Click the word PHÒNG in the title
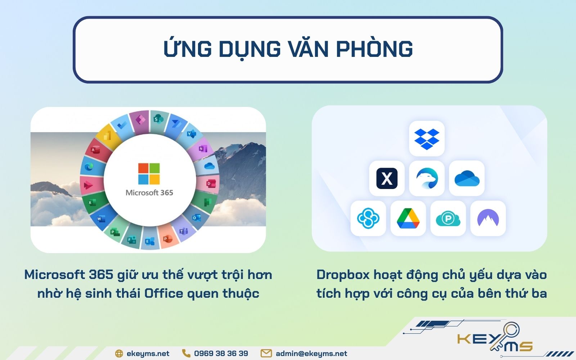(x=374, y=49)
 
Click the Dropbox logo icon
(x=427, y=139)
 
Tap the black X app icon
(x=387, y=178)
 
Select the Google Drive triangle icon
(x=408, y=218)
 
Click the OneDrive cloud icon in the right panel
(x=467, y=179)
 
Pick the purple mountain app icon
(x=488, y=218)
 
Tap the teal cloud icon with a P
(x=448, y=219)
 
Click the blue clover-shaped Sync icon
(x=368, y=218)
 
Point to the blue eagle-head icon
(x=427, y=179)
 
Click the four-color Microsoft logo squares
(x=149, y=174)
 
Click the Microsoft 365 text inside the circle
(x=149, y=193)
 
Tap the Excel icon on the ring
(x=91, y=203)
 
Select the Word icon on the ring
(x=101, y=219)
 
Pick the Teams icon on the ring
(x=184, y=231)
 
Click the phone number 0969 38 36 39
(x=221, y=354)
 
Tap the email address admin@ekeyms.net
(x=311, y=354)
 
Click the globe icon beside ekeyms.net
(x=119, y=354)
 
